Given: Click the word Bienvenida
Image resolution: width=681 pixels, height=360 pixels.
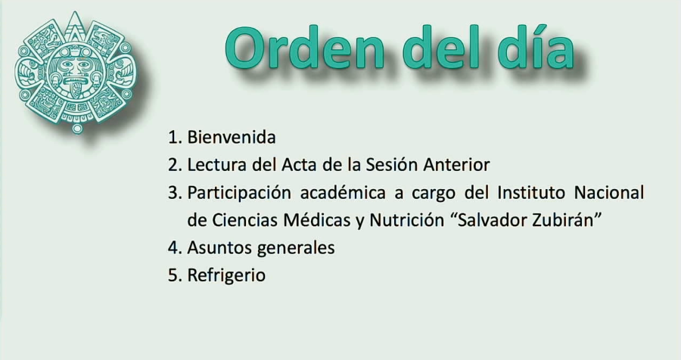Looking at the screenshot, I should click(x=232, y=138).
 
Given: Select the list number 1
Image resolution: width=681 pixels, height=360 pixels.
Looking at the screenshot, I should click(x=173, y=138).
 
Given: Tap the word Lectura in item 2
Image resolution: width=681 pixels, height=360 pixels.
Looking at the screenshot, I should click(x=215, y=165).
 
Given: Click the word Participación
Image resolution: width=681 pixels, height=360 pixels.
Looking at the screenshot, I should click(x=238, y=193).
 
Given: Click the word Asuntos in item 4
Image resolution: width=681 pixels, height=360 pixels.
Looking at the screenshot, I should click(x=219, y=248).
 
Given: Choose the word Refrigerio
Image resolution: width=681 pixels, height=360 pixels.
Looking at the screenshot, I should click(x=226, y=275).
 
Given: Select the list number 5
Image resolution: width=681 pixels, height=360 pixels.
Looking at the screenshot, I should click(x=173, y=275).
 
